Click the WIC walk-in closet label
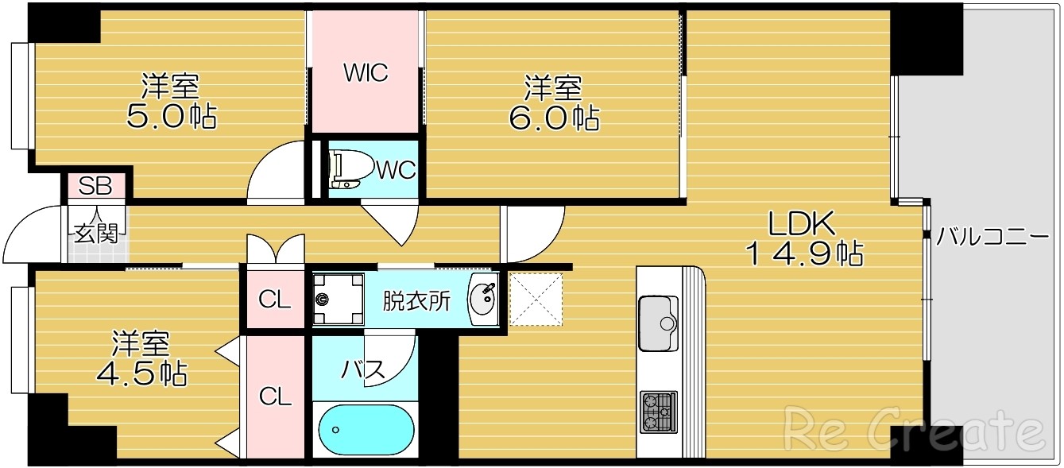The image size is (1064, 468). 365,73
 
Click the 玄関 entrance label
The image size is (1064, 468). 96,233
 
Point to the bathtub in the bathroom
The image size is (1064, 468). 366,430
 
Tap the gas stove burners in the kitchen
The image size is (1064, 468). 658,412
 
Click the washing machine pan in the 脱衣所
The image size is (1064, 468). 338,300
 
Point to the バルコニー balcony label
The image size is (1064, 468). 992,236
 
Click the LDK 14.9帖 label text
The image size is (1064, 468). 803,239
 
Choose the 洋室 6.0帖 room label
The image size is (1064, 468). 553,102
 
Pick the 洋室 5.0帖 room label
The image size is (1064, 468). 171,101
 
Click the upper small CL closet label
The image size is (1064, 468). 274,300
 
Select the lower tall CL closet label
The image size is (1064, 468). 275,396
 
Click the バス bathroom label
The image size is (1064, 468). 363,369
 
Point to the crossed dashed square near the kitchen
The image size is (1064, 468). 536,299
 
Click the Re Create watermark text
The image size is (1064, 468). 914,429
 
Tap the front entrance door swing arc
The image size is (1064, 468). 24,230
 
